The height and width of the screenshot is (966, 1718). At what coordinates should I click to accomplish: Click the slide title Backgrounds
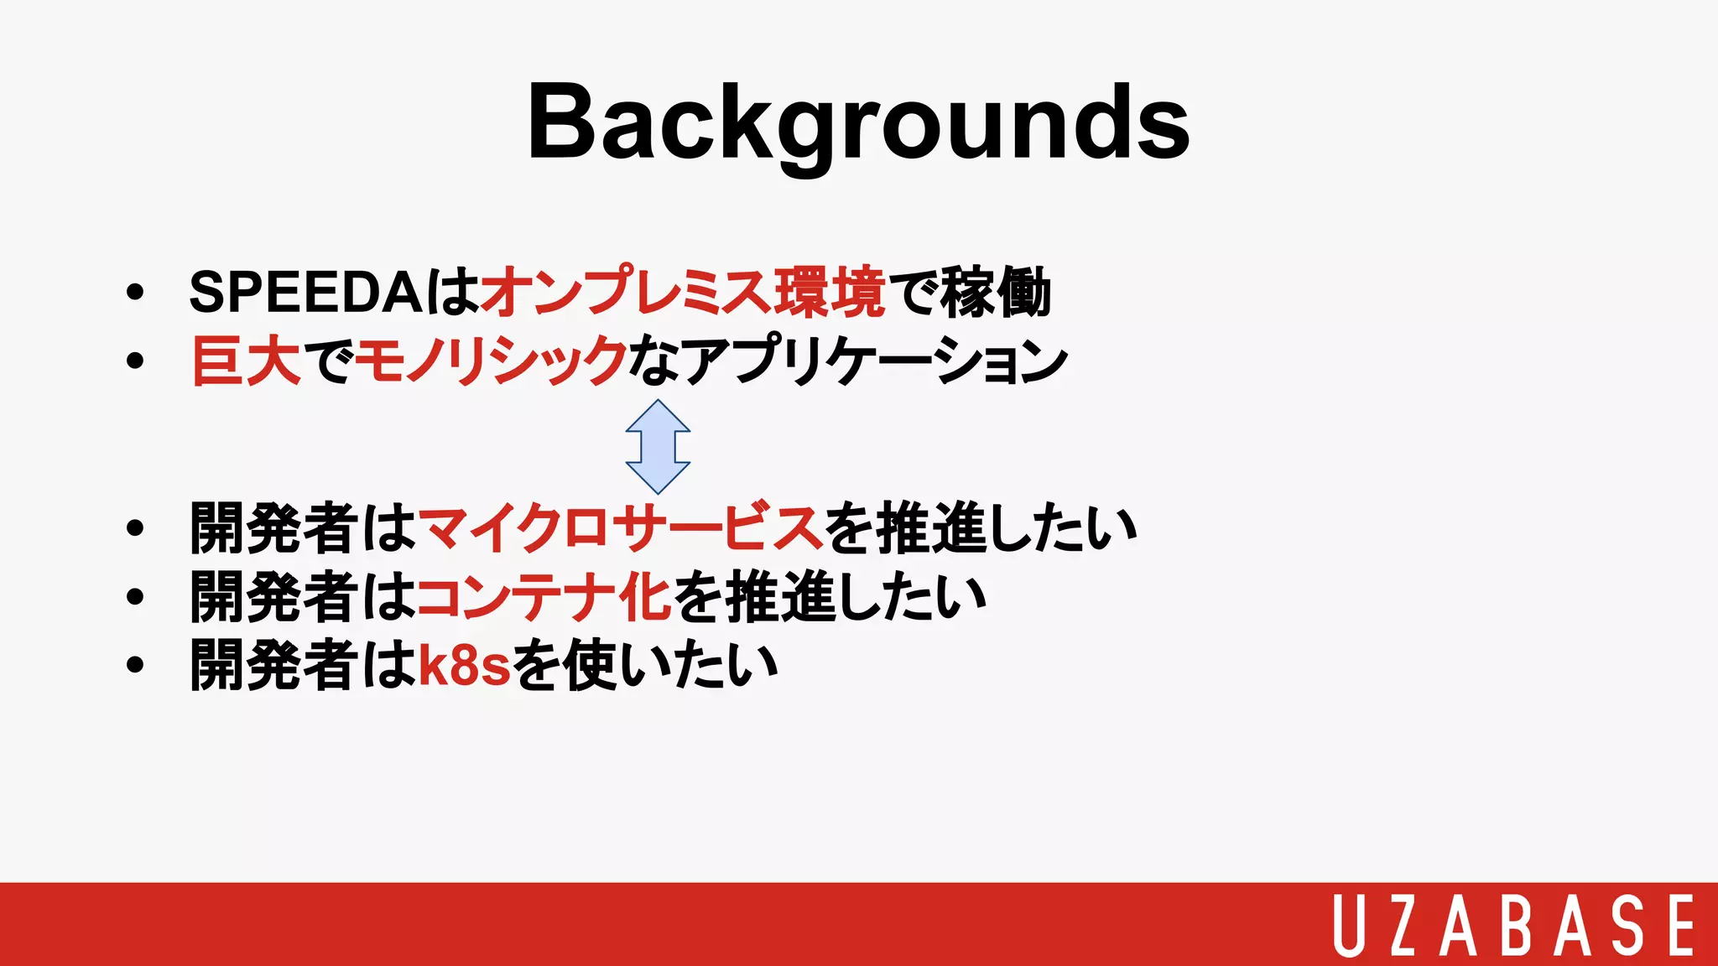(858, 123)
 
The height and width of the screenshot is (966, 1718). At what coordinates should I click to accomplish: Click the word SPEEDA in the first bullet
(305, 293)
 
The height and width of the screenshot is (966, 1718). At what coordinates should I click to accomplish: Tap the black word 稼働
(996, 293)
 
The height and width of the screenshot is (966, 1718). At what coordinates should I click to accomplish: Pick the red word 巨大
(246, 361)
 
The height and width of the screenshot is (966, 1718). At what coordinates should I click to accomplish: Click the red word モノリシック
(492, 361)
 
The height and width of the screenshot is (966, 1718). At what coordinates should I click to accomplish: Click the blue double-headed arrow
(659, 446)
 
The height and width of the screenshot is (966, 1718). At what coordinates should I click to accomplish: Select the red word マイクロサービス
(619, 528)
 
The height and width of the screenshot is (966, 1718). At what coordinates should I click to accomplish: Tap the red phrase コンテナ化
(544, 597)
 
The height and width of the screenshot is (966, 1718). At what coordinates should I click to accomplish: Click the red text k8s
(464, 665)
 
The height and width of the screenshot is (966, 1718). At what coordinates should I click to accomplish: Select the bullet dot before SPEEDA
(134, 293)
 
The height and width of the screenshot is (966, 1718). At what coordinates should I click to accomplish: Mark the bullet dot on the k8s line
(134, 666)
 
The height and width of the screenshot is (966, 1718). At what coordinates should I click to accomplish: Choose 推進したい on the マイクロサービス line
(1007, 528)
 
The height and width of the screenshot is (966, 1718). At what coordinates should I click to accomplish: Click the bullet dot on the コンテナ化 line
(134, 598)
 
